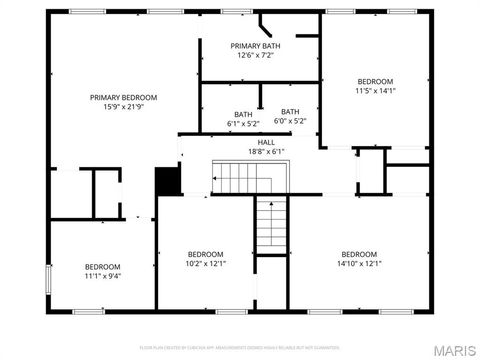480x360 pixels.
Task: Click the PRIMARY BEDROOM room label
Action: click(124, 97)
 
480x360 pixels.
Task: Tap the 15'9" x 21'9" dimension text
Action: click(124, 107)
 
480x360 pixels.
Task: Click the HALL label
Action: click(266, 142)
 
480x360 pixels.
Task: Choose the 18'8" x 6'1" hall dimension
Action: click(266, 152)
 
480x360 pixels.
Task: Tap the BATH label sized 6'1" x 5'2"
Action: click(243, 114)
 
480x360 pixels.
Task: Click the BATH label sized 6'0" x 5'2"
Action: click(290, 112)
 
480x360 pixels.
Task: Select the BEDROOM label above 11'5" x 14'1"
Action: click(375, 81)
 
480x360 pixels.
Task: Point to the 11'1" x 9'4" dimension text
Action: click(102, 277)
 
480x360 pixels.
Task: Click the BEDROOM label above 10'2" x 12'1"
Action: click(205, 254)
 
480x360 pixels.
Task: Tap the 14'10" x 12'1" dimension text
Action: click(359, 264)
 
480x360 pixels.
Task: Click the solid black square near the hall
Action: click(167, 181)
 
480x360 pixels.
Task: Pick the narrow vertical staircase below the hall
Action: click(271, 224)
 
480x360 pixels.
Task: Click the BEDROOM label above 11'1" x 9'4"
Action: click(102, 266)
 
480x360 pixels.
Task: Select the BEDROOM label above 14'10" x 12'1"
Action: click(359, 254)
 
